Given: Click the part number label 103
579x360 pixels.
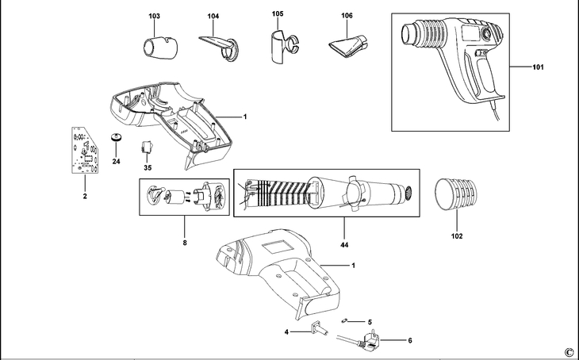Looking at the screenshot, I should point(154,16).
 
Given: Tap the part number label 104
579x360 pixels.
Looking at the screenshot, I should point(213,16).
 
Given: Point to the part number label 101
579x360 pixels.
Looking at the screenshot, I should point(539,67).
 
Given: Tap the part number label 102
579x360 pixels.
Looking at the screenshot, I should point(457,236).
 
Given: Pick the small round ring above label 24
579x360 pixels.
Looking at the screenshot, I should point(116,139).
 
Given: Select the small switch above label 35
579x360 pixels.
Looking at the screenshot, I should point(147,147).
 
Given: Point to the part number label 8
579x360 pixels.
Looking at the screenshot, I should point(185,243).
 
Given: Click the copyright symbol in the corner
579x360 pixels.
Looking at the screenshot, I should point(568,351).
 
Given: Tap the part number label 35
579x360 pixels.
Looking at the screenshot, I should point(148,168).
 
